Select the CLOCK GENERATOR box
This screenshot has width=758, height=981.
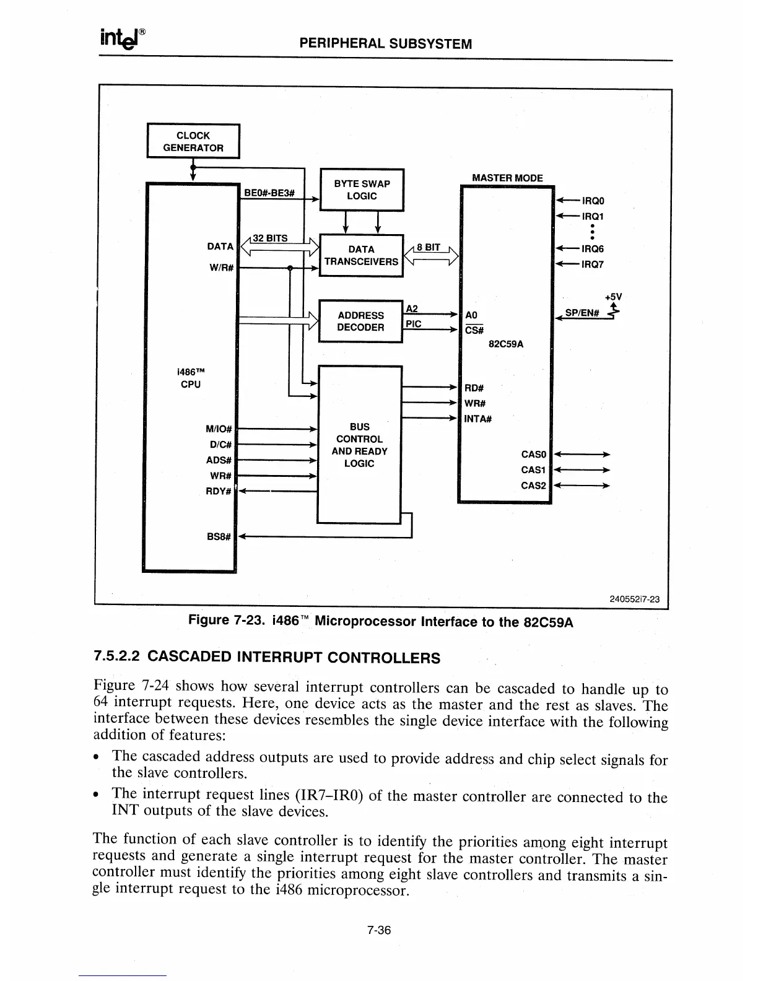[x=193, y=142]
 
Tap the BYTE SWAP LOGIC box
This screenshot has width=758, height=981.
[x=362, y=190]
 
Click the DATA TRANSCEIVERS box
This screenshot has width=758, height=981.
[x=361, y=255]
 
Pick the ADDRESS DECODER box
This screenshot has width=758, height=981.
[x=360, y=321]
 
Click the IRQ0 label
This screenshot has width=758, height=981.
[x=593, y=201]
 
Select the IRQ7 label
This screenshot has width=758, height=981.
[x=593, y=264]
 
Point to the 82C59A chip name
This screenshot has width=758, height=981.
[x=506, y=344]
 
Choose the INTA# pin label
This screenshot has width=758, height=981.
[x=478, y=419]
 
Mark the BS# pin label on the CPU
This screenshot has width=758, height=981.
[x=219, y=536]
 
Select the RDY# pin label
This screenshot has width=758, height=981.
[x=219, y=492]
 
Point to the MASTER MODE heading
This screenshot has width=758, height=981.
[x=507, y=178]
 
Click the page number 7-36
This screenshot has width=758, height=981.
[x=379, y=930]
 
